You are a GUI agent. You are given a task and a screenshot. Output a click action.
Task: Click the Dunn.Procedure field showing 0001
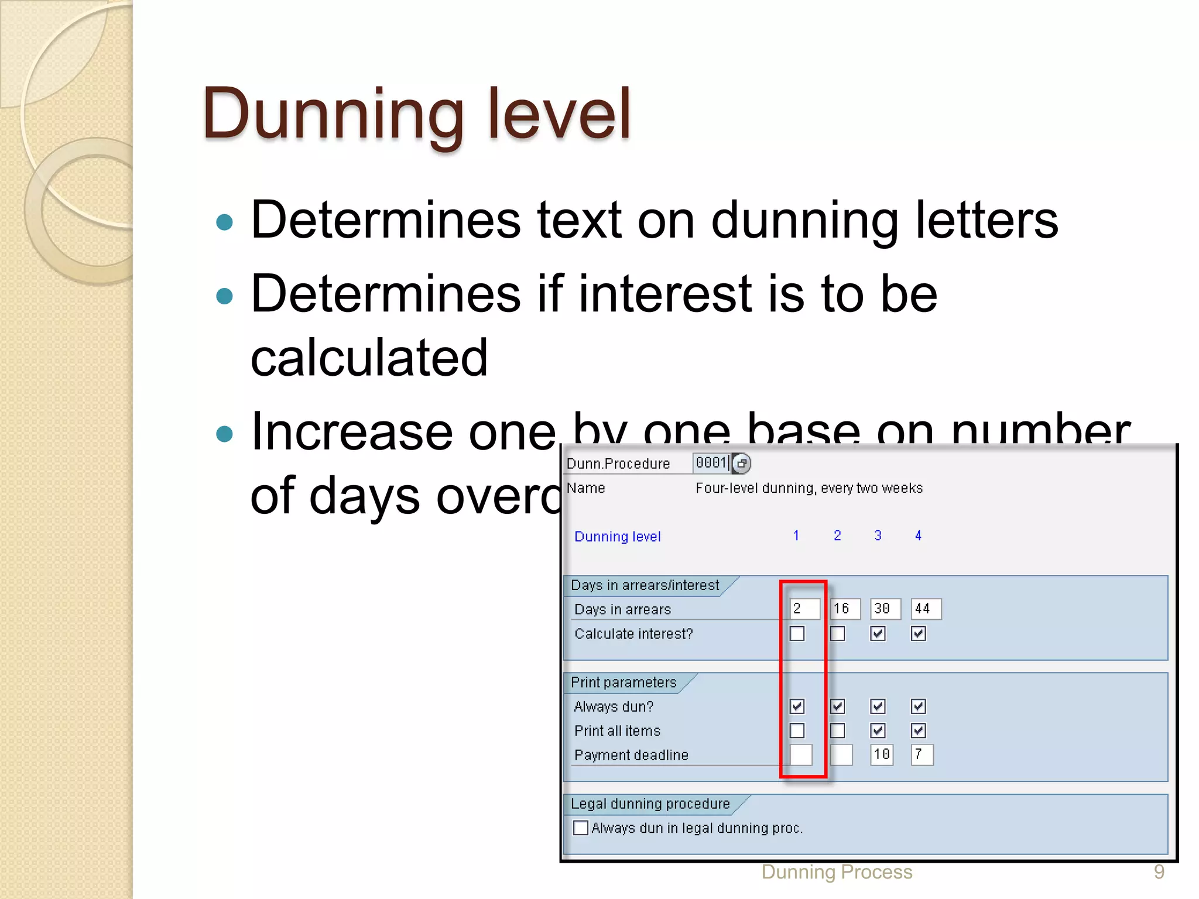pos(711,463)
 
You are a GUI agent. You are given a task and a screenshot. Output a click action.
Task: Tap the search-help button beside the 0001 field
pos(742,464)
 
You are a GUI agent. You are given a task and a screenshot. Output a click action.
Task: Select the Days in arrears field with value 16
pos(845,609)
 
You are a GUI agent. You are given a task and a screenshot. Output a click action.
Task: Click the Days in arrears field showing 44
pos(926,609)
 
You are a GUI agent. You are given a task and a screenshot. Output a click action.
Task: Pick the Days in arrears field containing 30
pos(885,609)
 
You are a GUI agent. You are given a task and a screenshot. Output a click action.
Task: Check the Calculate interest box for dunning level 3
pos(878,634)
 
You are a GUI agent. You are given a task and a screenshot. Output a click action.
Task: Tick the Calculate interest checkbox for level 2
pos(837,634)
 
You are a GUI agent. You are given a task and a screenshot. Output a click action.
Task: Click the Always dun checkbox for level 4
pos(918,706)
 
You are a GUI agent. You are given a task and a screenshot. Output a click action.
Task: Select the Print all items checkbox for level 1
pos(797,730)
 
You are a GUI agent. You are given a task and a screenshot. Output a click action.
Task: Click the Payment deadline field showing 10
pos(882,754)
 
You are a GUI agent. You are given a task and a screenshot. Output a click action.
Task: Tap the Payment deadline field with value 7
pos(922,754)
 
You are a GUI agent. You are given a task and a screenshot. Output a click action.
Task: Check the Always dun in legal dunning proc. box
pos(581,828)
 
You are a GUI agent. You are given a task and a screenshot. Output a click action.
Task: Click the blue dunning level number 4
pos(918,536)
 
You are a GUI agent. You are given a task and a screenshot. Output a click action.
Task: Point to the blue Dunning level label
pos(617,537)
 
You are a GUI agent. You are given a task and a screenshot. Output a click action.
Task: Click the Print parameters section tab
pos(624,682)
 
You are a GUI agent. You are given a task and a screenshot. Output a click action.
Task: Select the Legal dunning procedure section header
pos(650,804)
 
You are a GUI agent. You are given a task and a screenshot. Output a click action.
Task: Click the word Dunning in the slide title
pos(334,114)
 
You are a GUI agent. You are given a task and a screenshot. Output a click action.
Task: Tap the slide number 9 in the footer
pos(1159,872)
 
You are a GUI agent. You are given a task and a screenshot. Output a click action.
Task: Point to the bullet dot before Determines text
pos(224,222)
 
